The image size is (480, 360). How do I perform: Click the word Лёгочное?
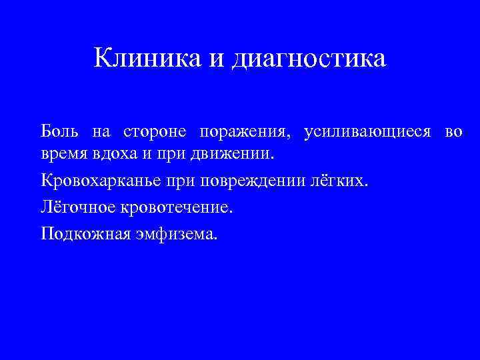78,207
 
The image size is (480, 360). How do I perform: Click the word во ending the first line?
453,132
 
